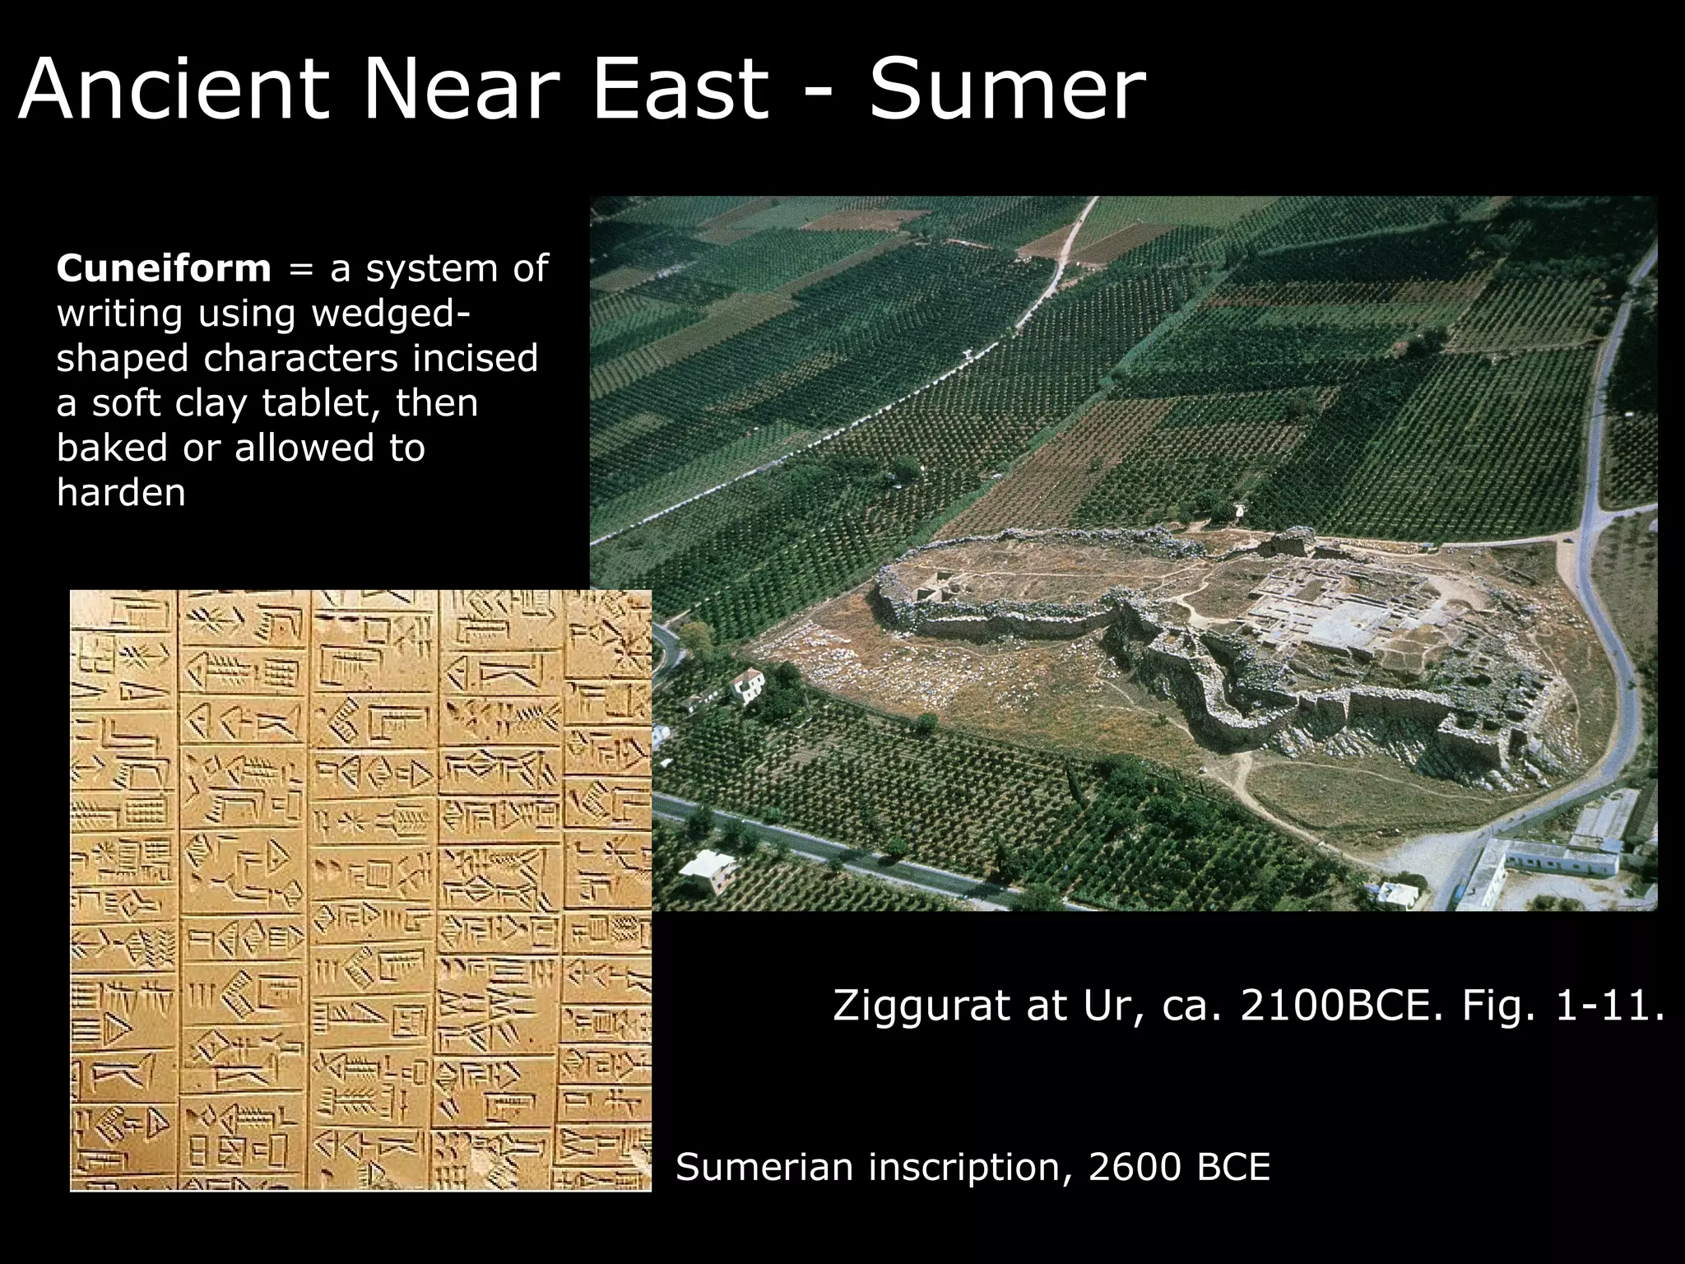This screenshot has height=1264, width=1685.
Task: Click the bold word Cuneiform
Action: click(x=164, y=268)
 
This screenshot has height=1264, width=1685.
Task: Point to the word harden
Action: click(x=121, y=492)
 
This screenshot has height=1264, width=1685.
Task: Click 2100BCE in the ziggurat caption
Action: click(x=1341, y=1006)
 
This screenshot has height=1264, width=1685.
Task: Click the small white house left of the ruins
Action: click(x=750, y=685)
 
